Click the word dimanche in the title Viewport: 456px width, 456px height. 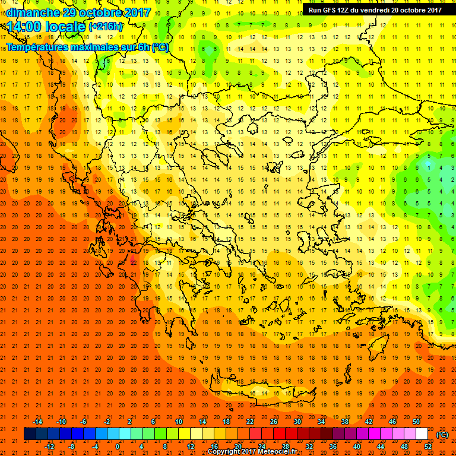point(33,12)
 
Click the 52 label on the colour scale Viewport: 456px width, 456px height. point(428,446)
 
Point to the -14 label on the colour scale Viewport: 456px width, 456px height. point(38,422)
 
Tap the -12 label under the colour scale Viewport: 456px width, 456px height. point(49,446)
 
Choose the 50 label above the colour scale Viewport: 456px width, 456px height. point(416,422)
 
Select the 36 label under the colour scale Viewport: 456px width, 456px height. point(332,446)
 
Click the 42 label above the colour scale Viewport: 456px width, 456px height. point(369,422)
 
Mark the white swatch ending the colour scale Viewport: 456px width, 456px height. point(422,434)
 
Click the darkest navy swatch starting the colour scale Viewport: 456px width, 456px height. point(30,434)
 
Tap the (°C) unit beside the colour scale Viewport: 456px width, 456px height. point(442,434)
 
